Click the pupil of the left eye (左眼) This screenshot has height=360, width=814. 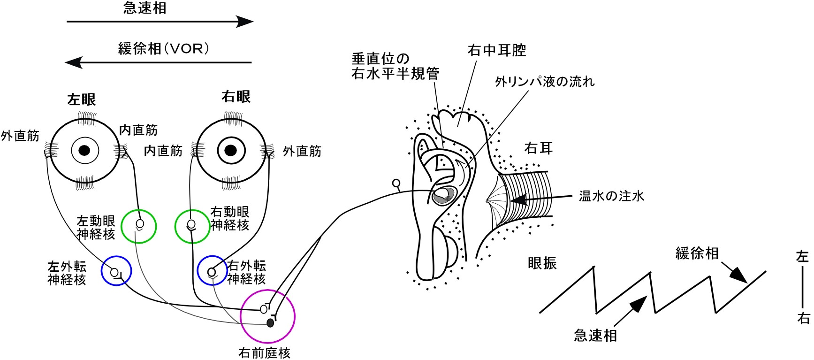84,151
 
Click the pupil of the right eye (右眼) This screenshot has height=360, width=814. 230,151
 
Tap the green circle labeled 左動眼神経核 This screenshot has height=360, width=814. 138,226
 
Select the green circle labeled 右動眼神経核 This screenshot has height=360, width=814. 192,226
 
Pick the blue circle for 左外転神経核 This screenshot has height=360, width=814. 116,271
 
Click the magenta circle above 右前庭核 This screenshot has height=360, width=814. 267,316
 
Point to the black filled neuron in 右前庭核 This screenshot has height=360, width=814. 270,323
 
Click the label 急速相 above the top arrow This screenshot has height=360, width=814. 145,8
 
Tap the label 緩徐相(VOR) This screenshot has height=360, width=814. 163,49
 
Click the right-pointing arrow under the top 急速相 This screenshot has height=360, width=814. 160,22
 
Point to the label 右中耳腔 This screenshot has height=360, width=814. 497,50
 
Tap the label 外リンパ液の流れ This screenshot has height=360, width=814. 545,82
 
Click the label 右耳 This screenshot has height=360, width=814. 539,148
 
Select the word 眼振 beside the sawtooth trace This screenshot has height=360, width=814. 542,263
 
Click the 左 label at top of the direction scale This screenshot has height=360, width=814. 803,256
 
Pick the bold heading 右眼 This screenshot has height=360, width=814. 236,97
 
